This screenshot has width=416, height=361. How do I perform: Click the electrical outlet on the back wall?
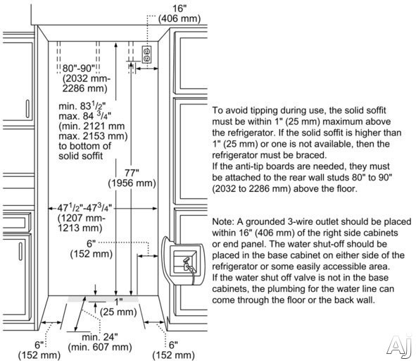146,54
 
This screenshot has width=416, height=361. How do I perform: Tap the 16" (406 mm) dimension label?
179,13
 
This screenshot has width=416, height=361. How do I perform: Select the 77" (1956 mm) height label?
132,178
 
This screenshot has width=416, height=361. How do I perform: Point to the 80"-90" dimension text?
79,68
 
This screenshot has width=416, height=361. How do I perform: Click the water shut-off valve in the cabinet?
189,264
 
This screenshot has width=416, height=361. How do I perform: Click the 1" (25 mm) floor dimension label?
118,307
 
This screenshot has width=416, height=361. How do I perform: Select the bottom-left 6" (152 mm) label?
39,350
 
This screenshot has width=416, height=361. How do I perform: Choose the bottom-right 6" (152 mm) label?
174,350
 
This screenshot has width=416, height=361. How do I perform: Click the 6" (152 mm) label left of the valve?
92,249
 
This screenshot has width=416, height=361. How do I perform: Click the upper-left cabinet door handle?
27,109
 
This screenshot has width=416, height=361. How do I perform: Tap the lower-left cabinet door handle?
20,251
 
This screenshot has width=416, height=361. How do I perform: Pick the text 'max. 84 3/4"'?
85,116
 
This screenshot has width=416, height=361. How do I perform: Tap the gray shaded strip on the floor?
103,299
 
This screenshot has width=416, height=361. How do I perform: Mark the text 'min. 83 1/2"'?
82,106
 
